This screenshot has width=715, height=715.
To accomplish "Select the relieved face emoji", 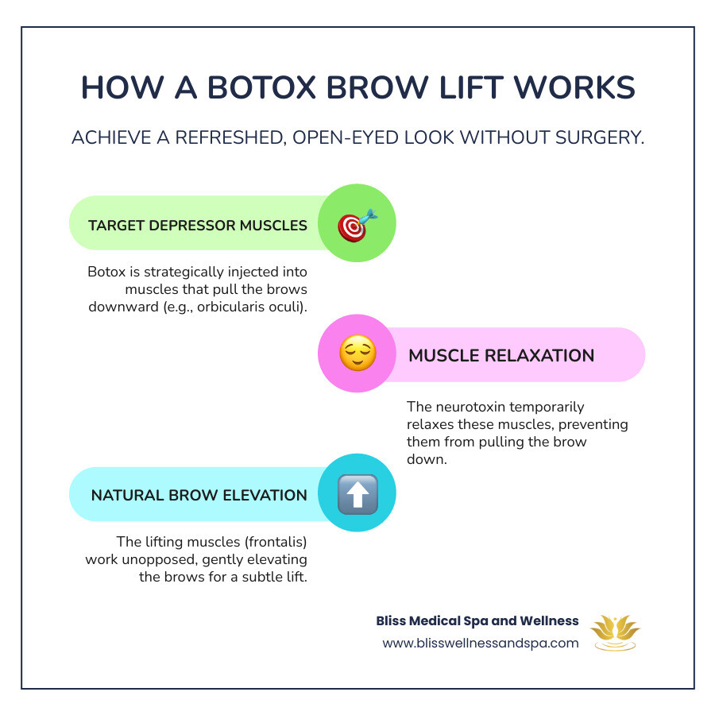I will (x=357, y=354).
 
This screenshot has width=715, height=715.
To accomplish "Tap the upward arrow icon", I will (x=357, y=495).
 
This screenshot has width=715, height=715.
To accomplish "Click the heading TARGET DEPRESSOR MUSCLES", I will (x=198, y=226).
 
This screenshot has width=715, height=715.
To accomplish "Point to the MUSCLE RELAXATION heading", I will (x=501, y=355).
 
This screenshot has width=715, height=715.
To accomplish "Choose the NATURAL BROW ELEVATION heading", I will (x=199, y=495).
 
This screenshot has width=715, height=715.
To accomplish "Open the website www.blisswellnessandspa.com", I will (x=481, y=643).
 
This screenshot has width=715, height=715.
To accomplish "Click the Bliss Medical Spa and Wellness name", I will (x=477, y=621).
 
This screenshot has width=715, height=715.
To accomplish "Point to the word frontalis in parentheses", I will (x=272, y=542).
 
